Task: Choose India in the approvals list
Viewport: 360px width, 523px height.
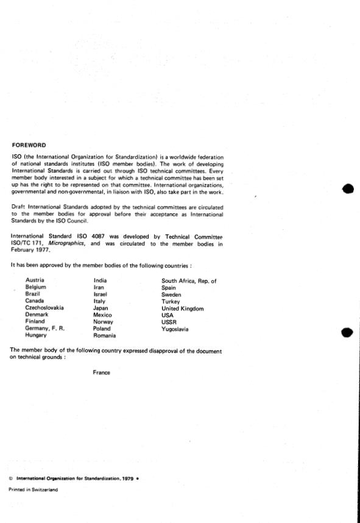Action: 99,280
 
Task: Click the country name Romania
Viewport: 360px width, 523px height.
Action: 104,335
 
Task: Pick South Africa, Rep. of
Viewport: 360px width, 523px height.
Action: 189,281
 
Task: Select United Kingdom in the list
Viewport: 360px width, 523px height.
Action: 182,308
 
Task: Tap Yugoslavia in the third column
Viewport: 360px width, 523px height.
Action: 175,329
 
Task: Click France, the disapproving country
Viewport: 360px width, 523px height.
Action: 101,372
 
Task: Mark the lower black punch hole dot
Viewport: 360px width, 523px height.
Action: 348,333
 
